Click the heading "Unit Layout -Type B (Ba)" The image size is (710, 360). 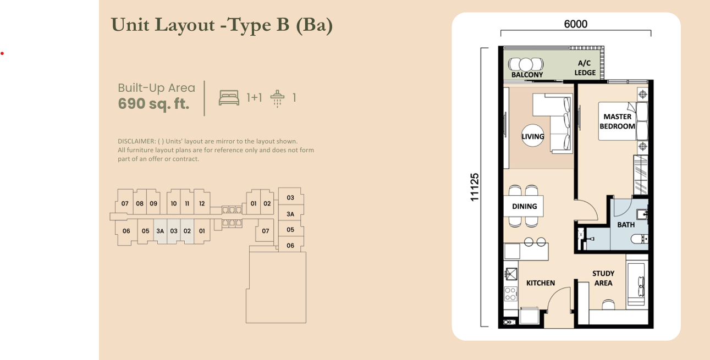pyautogui.click(x=222, y=25)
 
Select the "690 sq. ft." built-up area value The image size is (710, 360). pyautogui.click(x=153, y=103)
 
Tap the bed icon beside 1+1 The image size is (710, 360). pyautogui.click(x=229, y=98)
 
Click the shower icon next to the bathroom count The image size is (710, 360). pyautogui.click(x=278, y=98)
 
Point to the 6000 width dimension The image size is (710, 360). pyautogui.click(x=575, y=24)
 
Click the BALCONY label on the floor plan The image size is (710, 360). pyautogui.click(x=527, y=75)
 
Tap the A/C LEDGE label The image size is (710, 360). pyautogui.click(x=585, y=68)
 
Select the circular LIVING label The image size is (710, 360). pyautogui.click(x=533, y=136)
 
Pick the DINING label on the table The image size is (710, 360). pyautogui.click(x=524, y=207)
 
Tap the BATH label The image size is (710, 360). pyautogui.click(x=625, y=225)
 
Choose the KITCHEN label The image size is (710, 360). pyautogui.click(x=541, y=283)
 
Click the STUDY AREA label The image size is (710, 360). pyautogui.click(x=603, y=278)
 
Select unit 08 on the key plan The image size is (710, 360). pyautogui.click(x=140, y=203)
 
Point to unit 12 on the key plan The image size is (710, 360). pyautogui.click(x=202, y=203)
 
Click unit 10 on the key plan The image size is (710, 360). pyautogui.click(x=174, y=203)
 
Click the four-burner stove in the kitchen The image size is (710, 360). pyautogui.click(x=510, y=293)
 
